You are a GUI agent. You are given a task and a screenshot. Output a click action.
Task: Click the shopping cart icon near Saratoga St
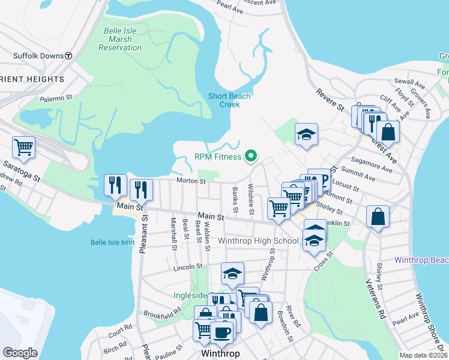pyautogui.click(x=24, y=146)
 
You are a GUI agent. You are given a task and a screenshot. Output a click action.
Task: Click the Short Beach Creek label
pyautogui.click(x=229, y=100)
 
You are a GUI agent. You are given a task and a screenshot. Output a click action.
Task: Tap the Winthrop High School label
pyautogui.click(x=258, y=241)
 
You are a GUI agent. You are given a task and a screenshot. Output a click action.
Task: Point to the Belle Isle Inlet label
pyautogui.click(x=112, y=242)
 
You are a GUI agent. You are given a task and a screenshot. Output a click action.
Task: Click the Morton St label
pyautogui.click(x=191, y=181)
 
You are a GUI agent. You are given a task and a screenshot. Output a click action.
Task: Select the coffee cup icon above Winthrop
pyautogui.click(x=222, y=332)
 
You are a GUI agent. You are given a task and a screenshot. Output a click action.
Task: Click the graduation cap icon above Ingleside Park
pyautogui.click(x=232, y=274)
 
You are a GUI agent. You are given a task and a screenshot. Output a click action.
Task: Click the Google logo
pyautogui.click(x=20, y=353)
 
